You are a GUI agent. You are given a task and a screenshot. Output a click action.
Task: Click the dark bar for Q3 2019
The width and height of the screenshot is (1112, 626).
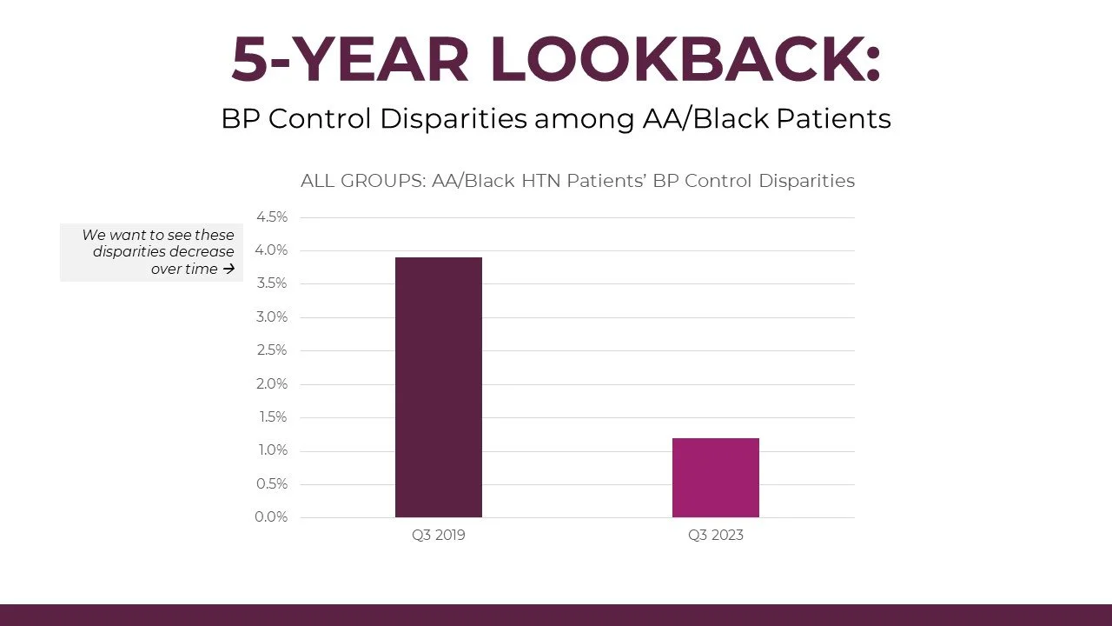point(438,387)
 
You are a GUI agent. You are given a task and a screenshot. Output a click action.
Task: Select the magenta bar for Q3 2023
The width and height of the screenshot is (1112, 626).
point(715,477)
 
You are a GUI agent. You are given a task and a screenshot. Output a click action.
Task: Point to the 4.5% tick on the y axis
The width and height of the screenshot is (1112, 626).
point(271,217)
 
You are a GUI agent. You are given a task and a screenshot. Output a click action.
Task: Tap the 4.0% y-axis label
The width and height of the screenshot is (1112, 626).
point(271,250)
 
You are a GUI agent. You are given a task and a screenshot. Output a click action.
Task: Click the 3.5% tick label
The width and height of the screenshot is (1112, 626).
point(271,283)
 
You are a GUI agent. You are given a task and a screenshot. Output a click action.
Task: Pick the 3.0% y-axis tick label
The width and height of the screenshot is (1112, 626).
point(271,317)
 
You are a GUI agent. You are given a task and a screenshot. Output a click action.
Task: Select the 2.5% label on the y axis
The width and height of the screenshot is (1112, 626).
point(271,350)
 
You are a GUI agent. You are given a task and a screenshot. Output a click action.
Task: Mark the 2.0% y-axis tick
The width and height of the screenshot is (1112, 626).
point(271,384)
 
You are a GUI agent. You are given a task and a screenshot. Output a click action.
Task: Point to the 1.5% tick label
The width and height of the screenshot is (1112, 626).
point(271,417)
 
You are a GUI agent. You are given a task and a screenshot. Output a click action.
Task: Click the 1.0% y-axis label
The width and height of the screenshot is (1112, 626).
point(271,450)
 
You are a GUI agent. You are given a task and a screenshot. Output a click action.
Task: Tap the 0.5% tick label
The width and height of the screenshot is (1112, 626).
point(271,484)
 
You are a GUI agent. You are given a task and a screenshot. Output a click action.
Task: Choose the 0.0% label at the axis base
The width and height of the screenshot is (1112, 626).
point(271,517)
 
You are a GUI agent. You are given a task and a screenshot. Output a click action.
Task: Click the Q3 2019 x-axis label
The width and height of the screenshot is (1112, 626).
point(438,536)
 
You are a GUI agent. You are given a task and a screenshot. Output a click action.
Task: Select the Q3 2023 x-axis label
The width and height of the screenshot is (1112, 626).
point(715,536)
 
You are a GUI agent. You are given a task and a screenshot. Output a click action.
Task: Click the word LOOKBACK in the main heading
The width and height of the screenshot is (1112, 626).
point(685,59)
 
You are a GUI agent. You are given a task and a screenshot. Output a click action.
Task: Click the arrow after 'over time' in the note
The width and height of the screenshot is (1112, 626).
point(228,270)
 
